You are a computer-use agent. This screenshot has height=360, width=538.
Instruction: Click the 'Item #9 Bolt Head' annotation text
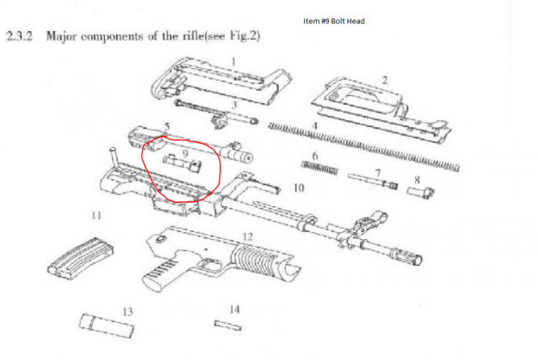click(334, 21)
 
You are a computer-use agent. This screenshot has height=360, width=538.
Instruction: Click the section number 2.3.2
click(19, 35)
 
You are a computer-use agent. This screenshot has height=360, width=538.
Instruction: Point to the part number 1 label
click(234, 61)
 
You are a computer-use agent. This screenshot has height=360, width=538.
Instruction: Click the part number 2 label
click(385, 80)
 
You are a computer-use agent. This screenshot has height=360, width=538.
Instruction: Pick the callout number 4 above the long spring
click(314, 126)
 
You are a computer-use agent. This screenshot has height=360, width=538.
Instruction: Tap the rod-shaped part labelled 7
click(373, 181)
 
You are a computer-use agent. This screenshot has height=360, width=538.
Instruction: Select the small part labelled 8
click(420, 192)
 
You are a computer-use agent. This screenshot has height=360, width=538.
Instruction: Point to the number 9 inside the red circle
click(185, 153)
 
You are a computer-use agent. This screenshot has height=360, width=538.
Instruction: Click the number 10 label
click(298, 188)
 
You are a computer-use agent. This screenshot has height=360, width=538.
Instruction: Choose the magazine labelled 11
click(81, 258)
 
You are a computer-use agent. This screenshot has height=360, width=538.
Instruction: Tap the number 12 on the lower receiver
click(247, 237)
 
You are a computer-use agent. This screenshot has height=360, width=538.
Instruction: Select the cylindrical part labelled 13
click(107, 326)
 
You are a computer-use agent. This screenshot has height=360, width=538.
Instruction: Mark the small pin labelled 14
click(228, 326)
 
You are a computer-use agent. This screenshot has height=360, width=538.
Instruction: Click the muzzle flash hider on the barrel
click(409, 256)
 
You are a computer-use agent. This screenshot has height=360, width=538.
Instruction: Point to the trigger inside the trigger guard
click(208, 264)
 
